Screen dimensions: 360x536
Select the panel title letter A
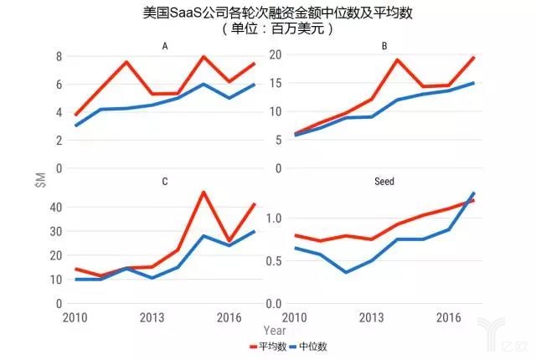tap(165, 47)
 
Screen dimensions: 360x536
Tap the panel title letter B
tap(384, 47)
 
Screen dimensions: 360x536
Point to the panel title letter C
tap(165, 182)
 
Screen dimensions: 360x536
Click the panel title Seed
tap(384, 182)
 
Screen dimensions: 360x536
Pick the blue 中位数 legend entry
tap(311, 346)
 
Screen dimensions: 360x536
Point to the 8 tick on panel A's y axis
tap(59, 56)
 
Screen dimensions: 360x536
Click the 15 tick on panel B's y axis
tap(273, 83)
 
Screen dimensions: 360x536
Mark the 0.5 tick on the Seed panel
tap(271, 260)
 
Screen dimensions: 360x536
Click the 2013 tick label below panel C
tap(152, 318)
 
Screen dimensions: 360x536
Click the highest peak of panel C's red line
tap(204, 192)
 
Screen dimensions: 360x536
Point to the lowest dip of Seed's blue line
tap(346, 272)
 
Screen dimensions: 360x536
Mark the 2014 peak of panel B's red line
tap(397, 59)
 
